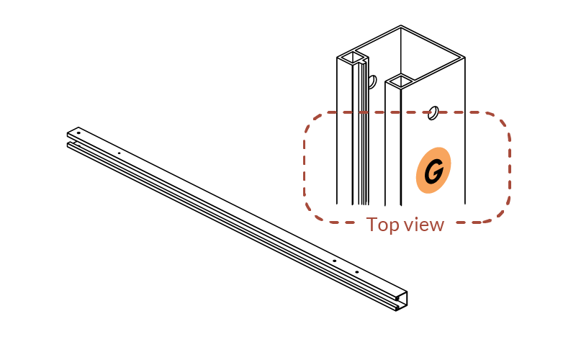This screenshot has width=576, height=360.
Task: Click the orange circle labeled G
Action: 433,170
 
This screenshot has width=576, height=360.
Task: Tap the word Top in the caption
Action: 382,225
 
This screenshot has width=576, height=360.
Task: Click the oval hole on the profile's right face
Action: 433,113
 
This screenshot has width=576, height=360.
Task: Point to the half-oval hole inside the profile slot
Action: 372,81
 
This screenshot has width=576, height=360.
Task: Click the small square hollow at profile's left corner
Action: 353,58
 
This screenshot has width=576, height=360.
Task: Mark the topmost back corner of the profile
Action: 401,26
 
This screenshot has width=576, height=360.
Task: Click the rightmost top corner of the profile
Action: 465,58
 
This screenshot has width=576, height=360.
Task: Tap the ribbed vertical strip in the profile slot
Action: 364,132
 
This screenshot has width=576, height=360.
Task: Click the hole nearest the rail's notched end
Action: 78,133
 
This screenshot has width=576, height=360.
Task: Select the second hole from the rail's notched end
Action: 119,153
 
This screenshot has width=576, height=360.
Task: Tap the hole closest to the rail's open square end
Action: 356,272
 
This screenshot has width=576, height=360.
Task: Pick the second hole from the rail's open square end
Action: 334,261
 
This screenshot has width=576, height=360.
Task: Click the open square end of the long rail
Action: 402,301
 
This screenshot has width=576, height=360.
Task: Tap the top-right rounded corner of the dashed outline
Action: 500,122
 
